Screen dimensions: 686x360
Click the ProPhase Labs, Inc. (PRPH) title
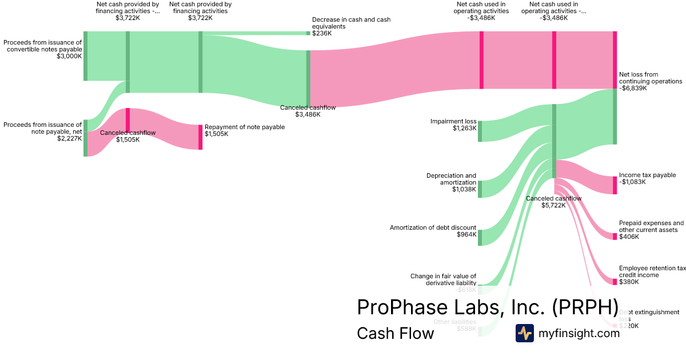(487, 307)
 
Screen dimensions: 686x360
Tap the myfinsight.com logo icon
(524, 333)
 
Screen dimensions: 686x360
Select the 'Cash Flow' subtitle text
(395, 333)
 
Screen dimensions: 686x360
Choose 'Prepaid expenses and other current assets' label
(651, 226)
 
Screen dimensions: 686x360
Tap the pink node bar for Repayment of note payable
(200, 137)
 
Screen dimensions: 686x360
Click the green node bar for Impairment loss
(480, 131)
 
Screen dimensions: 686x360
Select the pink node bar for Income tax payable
(615, 186)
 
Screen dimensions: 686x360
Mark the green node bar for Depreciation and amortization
(480, 189)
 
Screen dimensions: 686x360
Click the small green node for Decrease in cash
(308, 33)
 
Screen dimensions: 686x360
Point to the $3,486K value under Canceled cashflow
(308, 114)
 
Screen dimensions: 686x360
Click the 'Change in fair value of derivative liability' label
(443, 279)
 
